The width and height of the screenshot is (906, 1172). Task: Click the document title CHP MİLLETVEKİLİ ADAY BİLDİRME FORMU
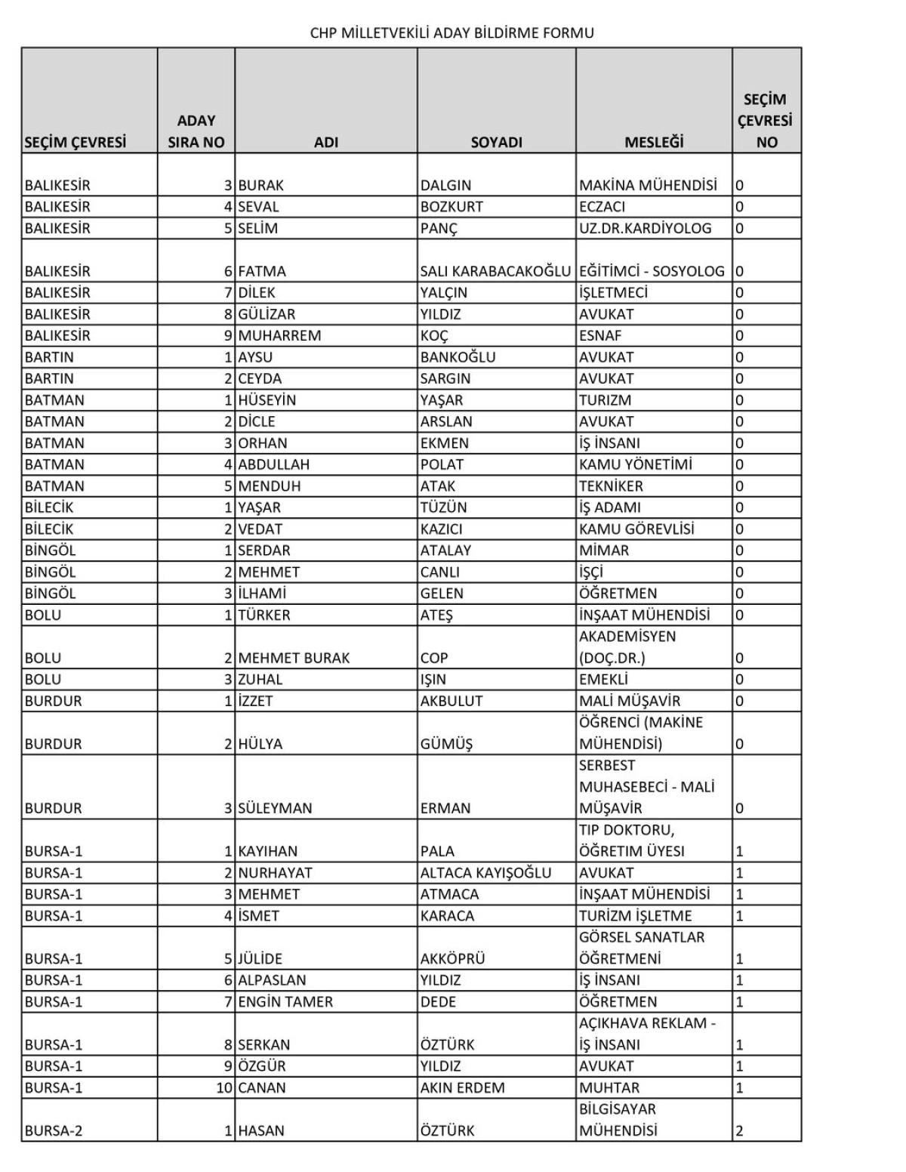451,33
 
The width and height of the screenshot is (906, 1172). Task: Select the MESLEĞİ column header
653,142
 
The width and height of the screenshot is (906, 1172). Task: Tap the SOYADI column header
496,142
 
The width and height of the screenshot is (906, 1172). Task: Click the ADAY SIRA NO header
196,131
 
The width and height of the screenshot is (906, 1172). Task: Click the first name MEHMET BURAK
294,658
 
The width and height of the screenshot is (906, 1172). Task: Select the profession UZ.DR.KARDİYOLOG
645,228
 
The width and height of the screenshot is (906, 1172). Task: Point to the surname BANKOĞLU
458,357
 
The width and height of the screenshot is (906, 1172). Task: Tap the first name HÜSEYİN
267,400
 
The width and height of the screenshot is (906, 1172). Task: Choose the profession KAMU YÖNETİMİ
635,464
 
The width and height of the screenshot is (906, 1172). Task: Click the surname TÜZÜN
443,507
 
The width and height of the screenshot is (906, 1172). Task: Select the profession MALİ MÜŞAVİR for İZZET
629,701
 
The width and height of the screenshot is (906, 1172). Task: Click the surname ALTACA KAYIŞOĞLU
485,873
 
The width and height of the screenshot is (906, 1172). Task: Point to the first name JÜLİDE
260,959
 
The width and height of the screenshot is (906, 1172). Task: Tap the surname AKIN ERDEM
462,1088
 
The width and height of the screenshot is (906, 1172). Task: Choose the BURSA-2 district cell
54,1131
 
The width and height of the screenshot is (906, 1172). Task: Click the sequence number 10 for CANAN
224,1088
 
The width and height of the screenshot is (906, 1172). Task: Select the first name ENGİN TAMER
285,1002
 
